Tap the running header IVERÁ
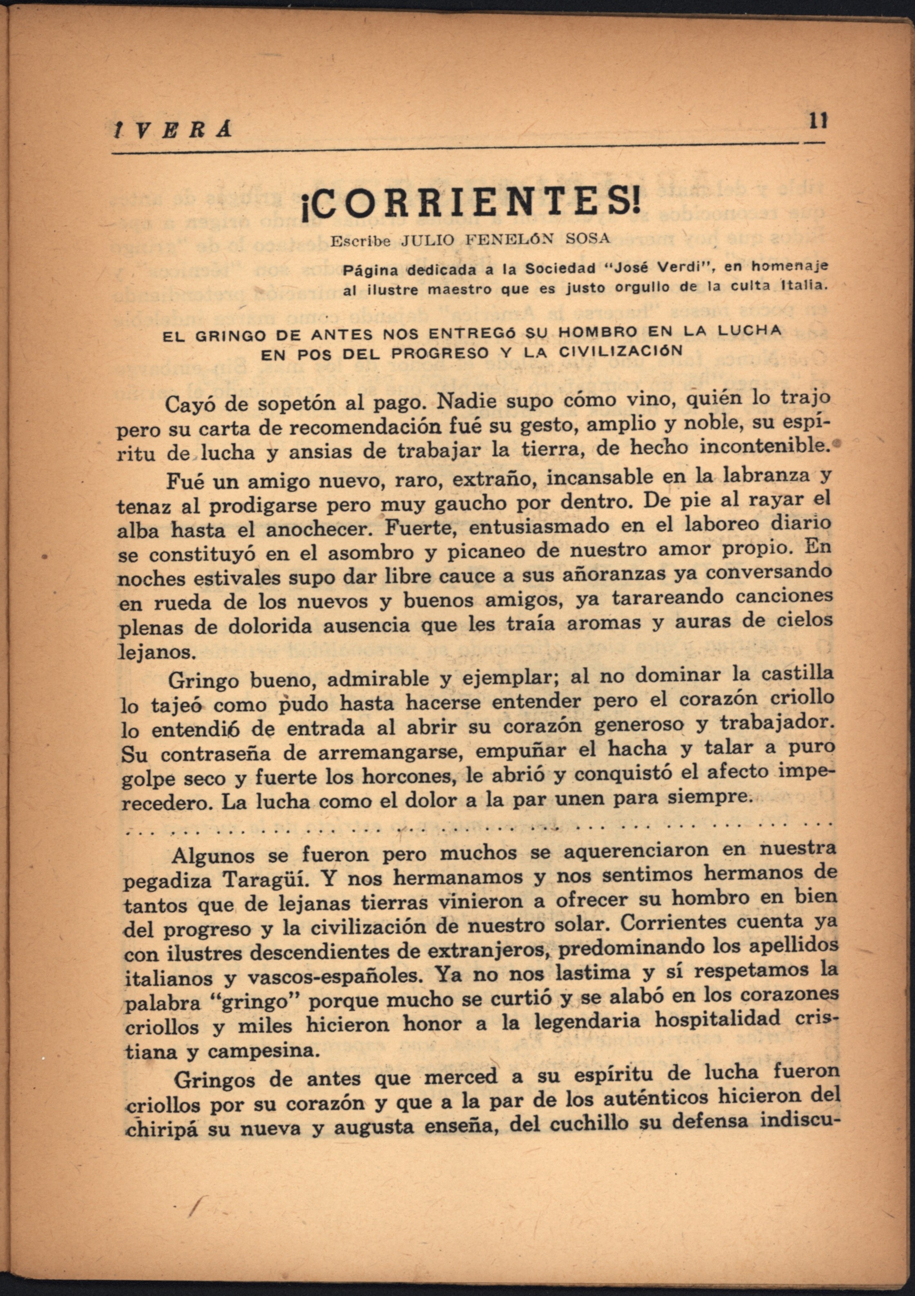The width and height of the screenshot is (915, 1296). tap(172, 130)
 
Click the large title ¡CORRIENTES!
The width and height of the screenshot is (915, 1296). tap(472, 206)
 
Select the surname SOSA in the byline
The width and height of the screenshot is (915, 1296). tap(588, 238)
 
